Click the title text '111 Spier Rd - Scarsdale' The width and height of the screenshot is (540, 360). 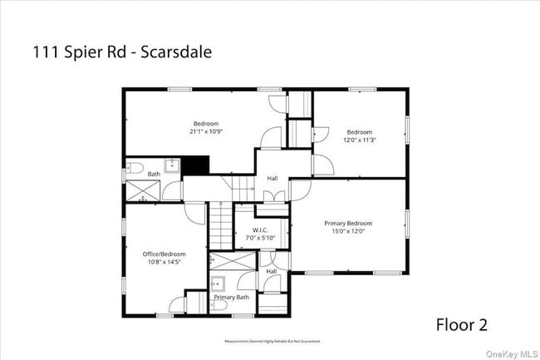tap(122, 52)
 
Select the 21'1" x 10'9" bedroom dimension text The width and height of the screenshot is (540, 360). tap(206, 131)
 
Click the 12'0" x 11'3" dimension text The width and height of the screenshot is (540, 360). tap(360, 140)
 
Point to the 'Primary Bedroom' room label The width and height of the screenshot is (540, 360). tap(348, 223)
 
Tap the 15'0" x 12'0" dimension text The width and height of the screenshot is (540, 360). tap(348, 231)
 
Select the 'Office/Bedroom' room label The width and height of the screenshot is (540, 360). tap(164, 254)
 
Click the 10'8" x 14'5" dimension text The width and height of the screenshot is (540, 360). tap(164, 262)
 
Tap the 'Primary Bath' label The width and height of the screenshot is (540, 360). tap(231, 297)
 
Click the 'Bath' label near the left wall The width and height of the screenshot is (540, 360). tap(154, 174)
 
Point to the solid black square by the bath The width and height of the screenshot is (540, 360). tap(196, 165)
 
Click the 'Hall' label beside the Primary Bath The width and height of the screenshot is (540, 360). tap(272, 271)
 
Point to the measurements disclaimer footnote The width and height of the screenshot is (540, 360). tap(272, 341)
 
